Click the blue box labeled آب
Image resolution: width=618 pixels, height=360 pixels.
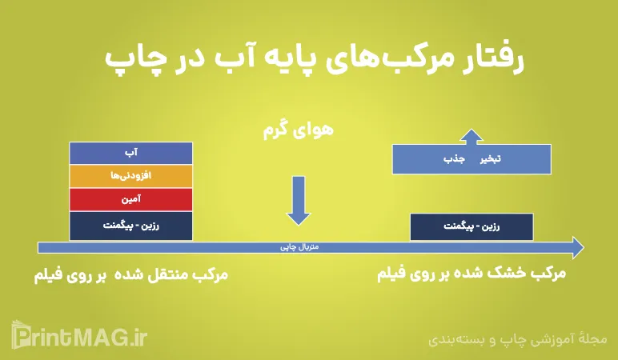click(130, 152)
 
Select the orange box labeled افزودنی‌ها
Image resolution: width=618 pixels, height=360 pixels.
click(130, 175)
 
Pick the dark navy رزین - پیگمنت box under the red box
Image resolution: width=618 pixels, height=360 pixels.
click(130, 226)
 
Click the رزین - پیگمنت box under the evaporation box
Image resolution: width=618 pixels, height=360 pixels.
click(471, 226)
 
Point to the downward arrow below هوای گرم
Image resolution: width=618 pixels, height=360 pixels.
click(298, 200)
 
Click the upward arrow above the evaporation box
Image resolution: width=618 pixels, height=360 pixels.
click(472, 136)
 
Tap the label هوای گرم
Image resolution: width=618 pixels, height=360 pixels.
click(297, 130)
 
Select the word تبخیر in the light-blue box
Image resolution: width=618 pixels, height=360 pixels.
click(490, 159)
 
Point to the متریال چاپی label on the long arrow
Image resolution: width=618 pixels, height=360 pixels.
click(299, 247)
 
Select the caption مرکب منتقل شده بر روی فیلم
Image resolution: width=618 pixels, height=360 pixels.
click(131, 274)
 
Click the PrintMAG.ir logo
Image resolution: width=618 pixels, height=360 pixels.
click(79, 336)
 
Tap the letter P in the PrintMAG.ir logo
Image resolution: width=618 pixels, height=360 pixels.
click(21, 336)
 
